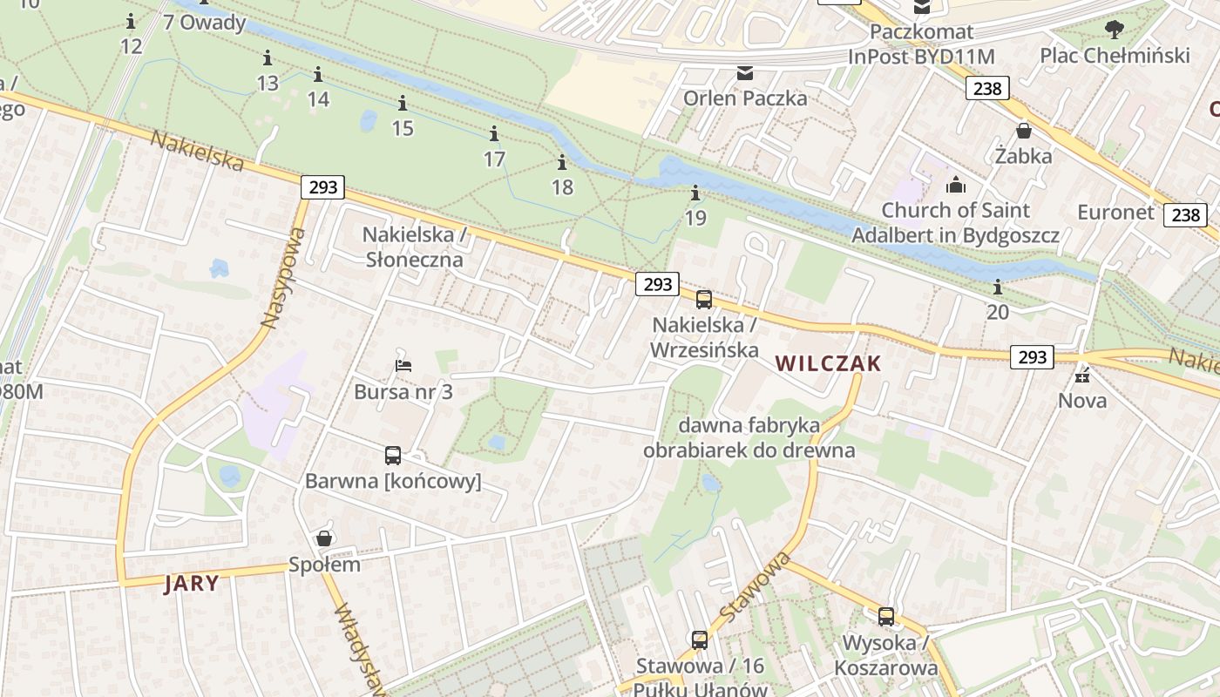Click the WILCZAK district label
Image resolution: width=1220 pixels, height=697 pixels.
click(828, 363)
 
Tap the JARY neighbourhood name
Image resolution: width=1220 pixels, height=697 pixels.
click(192, 583)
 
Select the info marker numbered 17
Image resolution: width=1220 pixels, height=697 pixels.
click(494, 134)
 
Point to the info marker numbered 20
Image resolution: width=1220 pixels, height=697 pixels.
click(998, 287)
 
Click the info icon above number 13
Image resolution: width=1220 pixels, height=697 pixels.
click(268, 58)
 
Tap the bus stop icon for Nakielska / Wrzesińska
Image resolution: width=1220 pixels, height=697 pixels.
click(704, 300)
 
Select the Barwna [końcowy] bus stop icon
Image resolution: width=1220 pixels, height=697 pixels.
click(393, 455)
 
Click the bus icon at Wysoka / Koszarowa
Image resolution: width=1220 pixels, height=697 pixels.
click(886, 617)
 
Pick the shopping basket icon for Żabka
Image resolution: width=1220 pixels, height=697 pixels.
click(1024, 131)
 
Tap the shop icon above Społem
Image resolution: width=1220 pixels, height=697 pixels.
click(324, 538)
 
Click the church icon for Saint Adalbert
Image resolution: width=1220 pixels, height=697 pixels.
click(956, 185)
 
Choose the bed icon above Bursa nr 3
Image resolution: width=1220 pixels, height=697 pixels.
click(403, 365)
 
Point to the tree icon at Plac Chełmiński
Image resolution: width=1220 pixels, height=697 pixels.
click(1114, 30)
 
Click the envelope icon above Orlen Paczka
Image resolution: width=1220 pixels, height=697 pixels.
click(745, 72)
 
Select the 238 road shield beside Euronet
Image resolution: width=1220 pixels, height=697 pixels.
click(1185, 214)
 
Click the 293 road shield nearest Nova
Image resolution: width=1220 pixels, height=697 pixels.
click(1033, 356)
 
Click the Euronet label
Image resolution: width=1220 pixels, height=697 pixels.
click(1115, 213)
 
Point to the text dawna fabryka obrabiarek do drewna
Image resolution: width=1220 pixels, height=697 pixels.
click(749, 438)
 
